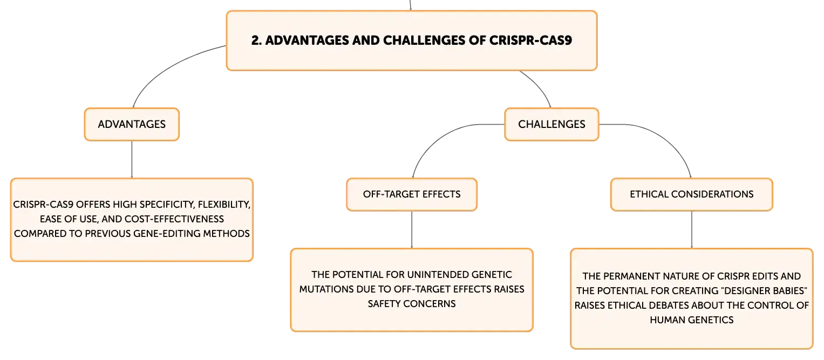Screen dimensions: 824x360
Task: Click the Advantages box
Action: pyautogui.click(x=132, y=125)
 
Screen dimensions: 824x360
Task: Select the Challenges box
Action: pyautogui.click(x=551, y=125)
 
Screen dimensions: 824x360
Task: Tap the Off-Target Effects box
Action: pyautogui.click(x=412, y=194)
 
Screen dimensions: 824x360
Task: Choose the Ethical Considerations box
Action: pyautogui.click(x=692, y=194)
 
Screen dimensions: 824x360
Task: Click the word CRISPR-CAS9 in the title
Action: pyautogui.click(x=530, y=40)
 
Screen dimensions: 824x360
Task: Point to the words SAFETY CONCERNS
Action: pyautogui.click(x=412, y=304)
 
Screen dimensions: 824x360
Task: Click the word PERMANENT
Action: pyautogui.click(x=630, y=276)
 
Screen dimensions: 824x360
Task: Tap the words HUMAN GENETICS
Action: pyautogui.click(x=692, y=320)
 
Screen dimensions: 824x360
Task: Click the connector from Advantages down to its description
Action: pyautogui.click(x=132, y=160)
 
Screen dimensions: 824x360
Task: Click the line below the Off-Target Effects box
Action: pyautogui.click(x=412, y=230)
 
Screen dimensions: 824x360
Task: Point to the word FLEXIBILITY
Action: pyautogui.click(x=224, y=205)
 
